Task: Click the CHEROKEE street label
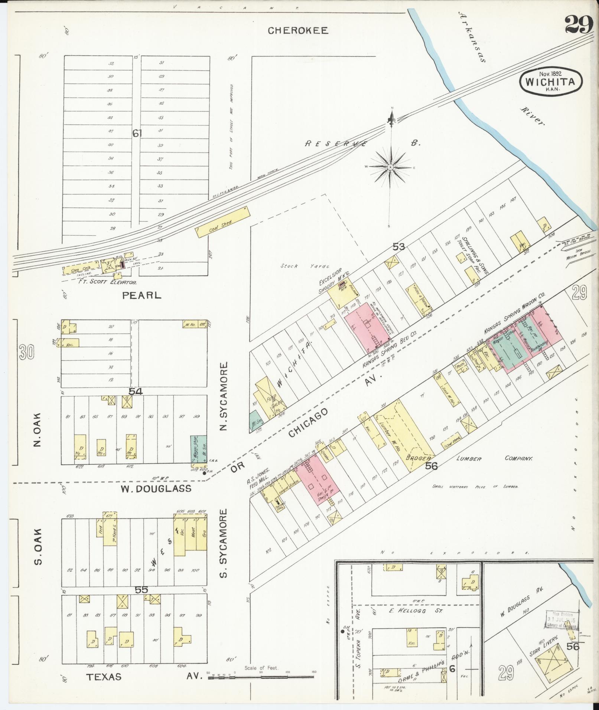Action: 298,31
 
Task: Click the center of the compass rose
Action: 390,168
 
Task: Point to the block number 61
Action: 137,133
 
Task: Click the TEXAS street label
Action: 104,677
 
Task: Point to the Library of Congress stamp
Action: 562,620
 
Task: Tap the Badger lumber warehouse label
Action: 418,458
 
